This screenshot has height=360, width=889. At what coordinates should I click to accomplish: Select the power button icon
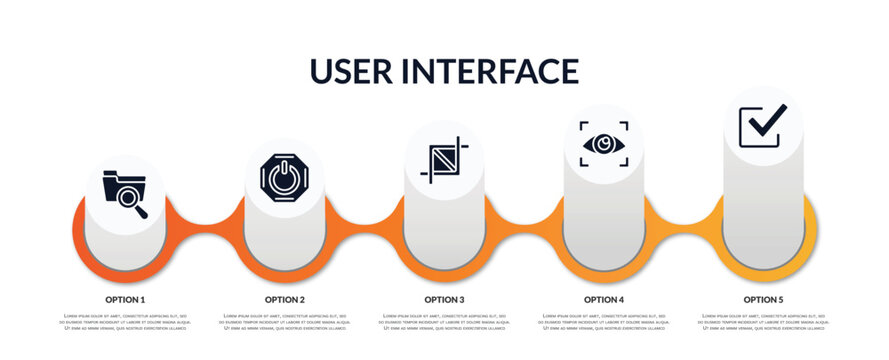click(x=284, y=177)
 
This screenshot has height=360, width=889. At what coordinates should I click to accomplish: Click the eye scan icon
click(x=604, y=143)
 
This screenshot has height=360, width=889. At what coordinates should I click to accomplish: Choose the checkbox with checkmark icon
click(x=762, y=126)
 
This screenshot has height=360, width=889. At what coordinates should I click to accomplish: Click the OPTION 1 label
click(x=125, y=299)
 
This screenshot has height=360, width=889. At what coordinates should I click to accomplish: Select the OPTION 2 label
click(x=285, y=299)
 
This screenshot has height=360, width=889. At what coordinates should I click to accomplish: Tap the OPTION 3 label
click(x=444, y=299)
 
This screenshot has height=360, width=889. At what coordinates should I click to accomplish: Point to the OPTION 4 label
click(x=604, y=299)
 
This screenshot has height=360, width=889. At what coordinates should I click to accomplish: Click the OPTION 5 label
click(x=763, y=299)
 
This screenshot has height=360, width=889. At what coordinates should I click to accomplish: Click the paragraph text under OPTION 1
click(x=125, y=322)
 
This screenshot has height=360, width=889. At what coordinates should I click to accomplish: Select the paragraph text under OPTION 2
click(x=285, y=322)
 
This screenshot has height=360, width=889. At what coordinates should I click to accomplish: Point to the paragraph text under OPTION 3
click(x=444, y=322)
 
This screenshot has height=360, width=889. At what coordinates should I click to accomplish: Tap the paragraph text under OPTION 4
click(x=604, y=322)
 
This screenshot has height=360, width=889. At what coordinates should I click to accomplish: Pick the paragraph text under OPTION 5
click(x=763, y=322)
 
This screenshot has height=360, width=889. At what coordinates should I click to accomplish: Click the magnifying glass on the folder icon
click(x=132, y=201)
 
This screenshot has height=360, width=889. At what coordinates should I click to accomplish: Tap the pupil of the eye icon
click(x=604, y=143)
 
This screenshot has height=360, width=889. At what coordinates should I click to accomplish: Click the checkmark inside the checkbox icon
click(x=767, y=122)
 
